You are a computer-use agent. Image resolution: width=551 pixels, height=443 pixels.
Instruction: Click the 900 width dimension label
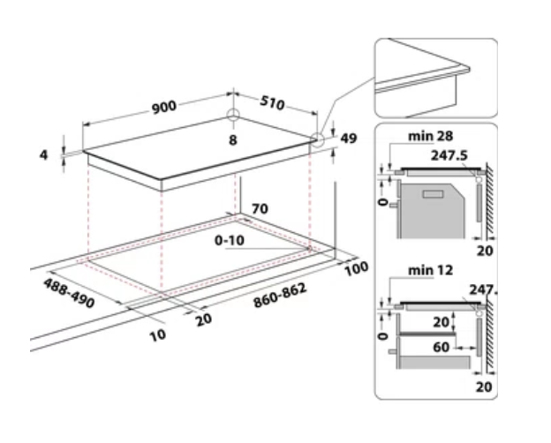(163, 106)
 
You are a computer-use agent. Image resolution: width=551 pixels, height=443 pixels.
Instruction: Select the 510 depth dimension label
(273, 103)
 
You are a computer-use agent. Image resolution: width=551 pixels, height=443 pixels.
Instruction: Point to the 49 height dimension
(348, 139)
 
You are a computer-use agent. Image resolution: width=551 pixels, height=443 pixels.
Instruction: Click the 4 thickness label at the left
(43, 155)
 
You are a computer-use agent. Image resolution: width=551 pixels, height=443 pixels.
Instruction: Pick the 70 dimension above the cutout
(260, 209)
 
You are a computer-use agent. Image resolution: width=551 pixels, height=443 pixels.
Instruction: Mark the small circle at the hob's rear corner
(233, 116)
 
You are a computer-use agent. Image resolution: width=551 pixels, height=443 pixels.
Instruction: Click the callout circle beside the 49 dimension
(318, 139)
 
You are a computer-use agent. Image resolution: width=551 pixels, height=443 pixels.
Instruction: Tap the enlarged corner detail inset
(434, 78)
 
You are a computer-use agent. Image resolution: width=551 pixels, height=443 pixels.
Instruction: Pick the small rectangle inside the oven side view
(434, 194)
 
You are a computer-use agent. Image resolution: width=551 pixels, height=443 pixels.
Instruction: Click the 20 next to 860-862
(204, 319)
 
